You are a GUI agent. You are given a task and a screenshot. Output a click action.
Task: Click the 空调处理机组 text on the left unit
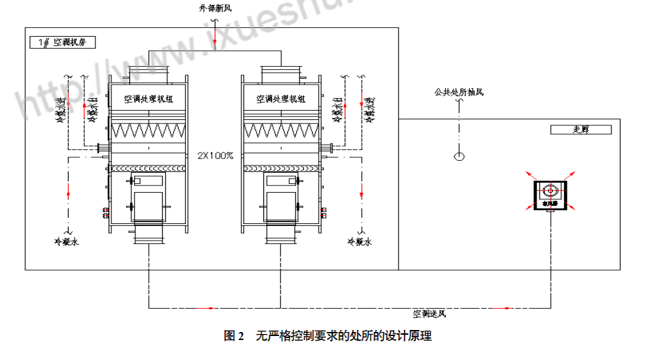[149, 99]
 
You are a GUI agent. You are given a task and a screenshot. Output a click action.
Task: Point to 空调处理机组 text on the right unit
[281, 99]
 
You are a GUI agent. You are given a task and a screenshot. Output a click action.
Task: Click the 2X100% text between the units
[215, 155]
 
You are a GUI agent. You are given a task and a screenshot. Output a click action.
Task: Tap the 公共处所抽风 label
[459, 92]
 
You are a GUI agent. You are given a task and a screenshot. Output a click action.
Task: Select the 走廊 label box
[581, 130]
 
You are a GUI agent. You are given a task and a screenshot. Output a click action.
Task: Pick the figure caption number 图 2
[234, 336]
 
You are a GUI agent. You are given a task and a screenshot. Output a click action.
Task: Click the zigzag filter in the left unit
[149, 131]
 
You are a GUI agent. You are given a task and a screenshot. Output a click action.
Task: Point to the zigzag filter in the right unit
[281, 131]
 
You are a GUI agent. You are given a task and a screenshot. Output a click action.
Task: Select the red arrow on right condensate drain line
[361, 194]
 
